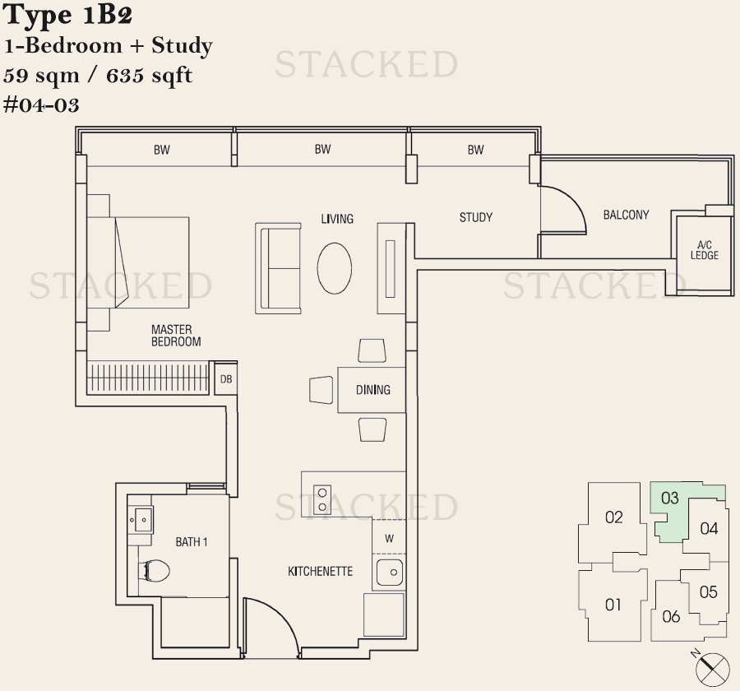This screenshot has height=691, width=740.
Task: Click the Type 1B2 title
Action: (67, 15)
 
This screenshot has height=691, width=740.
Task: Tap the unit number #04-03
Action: (41, 104)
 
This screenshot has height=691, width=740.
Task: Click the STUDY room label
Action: (476, 217)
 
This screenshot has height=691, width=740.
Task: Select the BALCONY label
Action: (626, 215)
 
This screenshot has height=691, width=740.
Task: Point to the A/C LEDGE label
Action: (704, 250)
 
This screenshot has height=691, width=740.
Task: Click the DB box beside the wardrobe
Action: (226, 378)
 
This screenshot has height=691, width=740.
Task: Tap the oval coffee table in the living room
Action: (334, 268)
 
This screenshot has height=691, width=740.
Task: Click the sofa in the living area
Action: (279, 268)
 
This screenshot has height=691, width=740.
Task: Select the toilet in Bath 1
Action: (154, 571)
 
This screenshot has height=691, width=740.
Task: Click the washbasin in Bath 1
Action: (141, 520)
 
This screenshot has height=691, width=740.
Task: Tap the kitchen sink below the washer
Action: (390, 572)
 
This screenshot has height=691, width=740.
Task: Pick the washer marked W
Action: (389, 537)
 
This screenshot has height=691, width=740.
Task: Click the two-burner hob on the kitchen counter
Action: (321, 499)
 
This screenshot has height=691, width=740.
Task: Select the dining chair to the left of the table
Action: (321, 390)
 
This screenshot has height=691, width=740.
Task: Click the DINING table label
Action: (372, 390)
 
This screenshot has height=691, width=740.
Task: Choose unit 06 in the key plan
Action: (671, 616)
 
